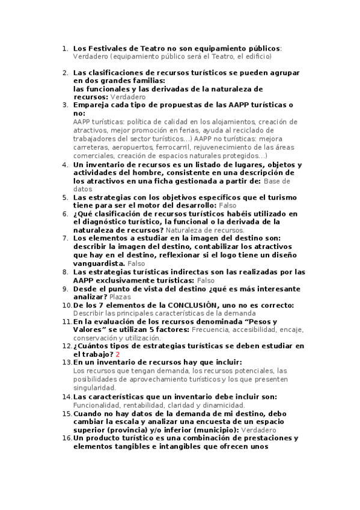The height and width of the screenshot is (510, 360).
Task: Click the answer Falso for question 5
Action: pos(228,205)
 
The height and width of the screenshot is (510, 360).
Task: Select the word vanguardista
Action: pos(99,263)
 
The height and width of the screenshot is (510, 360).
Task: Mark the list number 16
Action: pos(66,438)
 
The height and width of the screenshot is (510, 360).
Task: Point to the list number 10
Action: pos(66,306)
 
